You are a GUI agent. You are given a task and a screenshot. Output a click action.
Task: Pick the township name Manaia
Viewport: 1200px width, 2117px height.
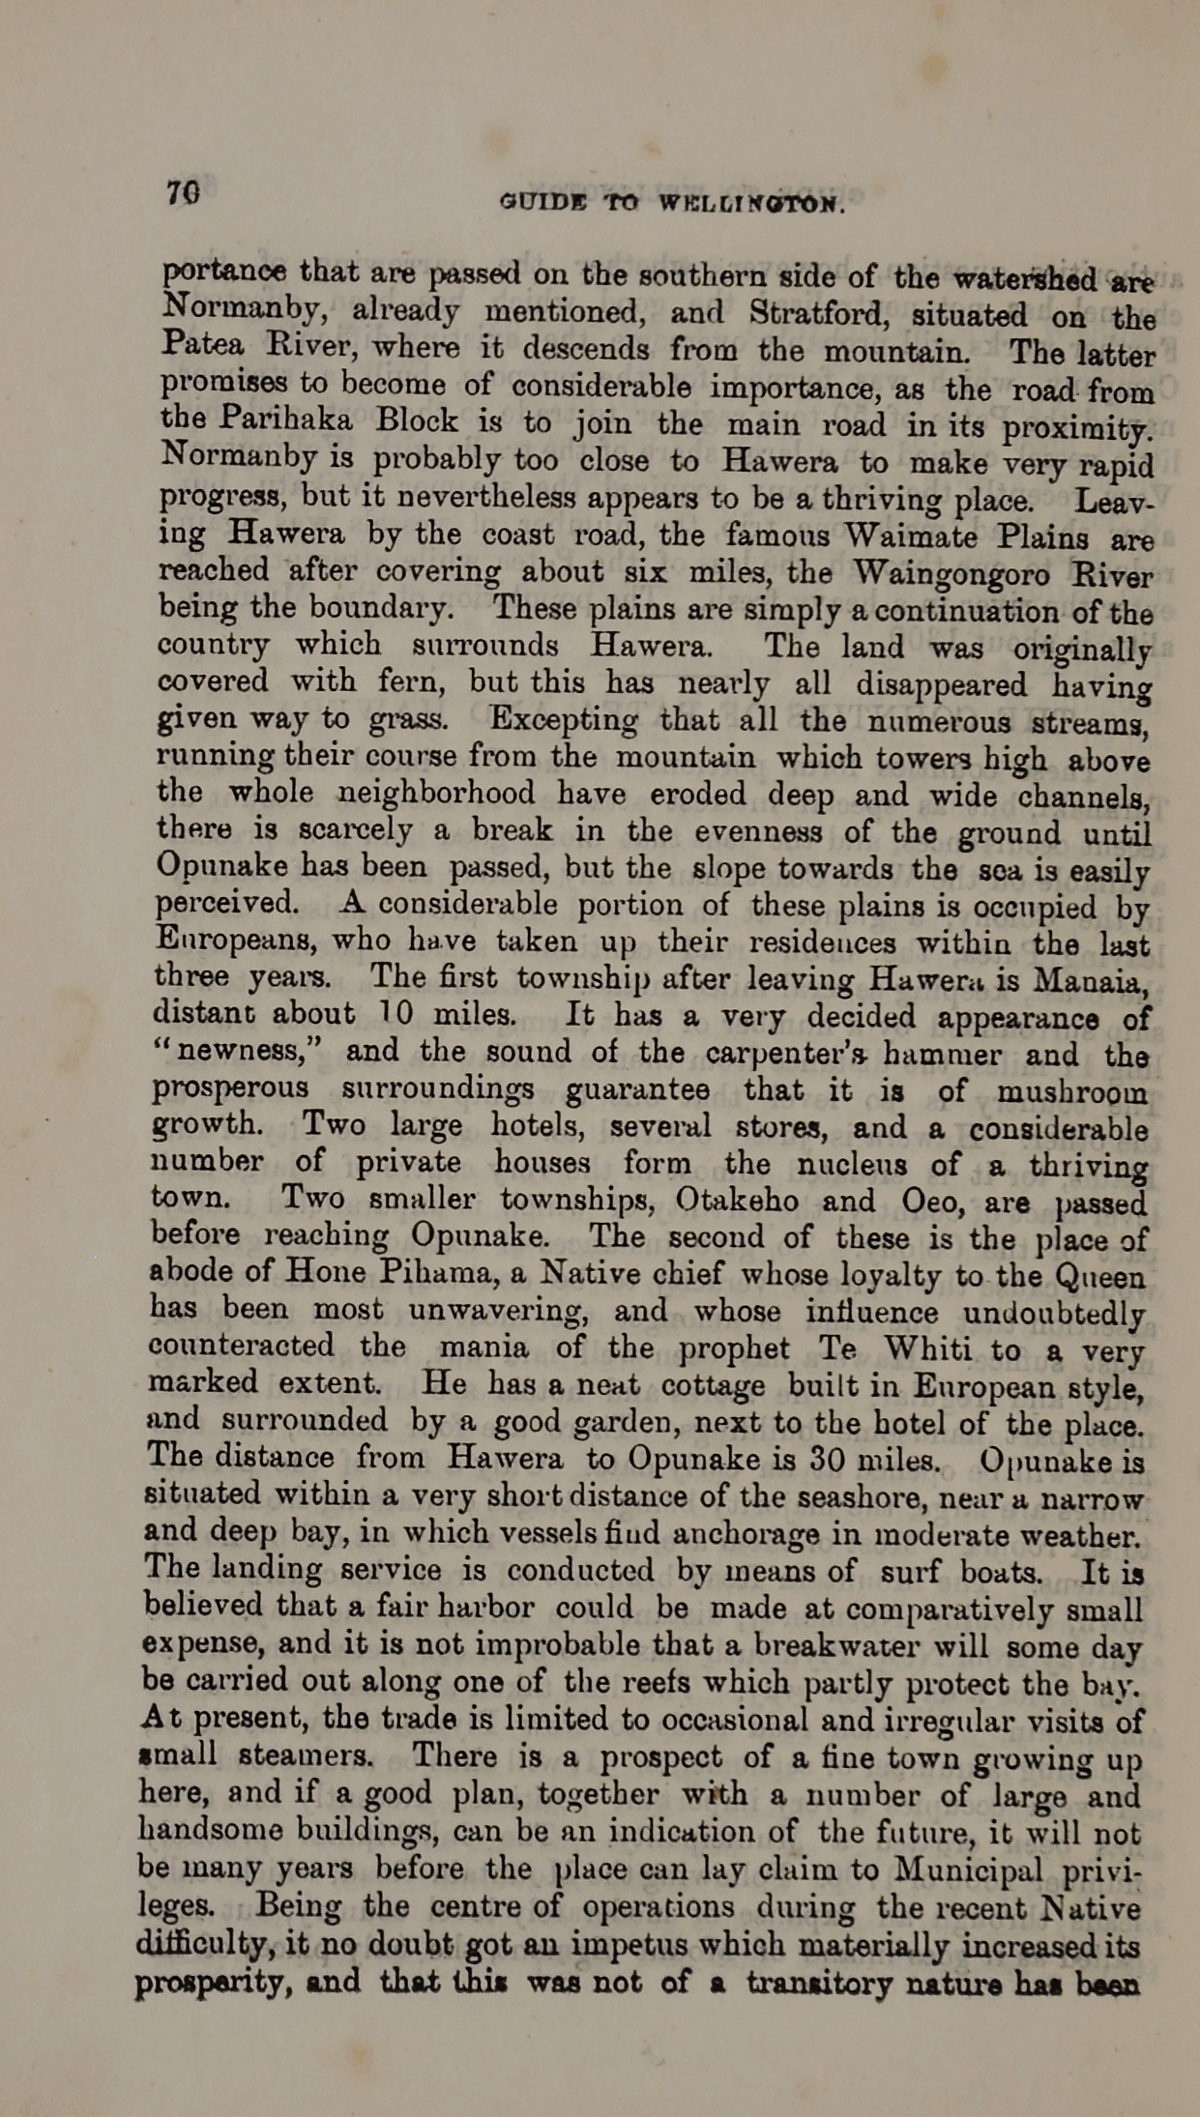pyautogui.click(x=1090, y=981)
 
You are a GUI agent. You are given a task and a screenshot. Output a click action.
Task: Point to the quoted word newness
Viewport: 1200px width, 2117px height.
pyautogui.click(x=247, y=1051)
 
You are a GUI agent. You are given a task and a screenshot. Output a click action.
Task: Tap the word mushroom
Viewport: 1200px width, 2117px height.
pyautogui.click(x=1072, y=1092)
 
